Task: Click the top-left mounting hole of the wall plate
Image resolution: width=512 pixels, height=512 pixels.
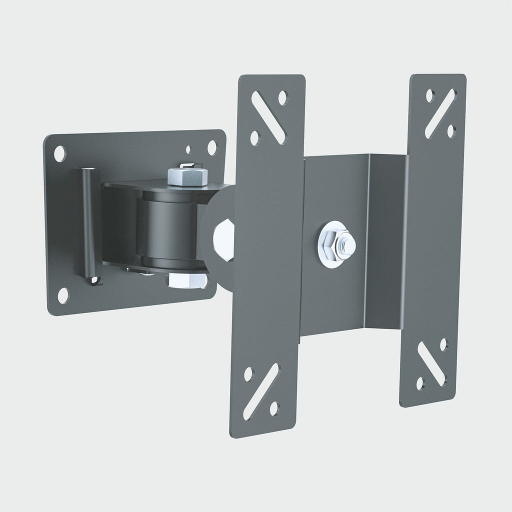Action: (x=59, y=153)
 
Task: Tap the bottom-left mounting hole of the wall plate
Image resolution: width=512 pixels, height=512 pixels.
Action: (x=63, y=295)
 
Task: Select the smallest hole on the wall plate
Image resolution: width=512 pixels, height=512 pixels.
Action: (x=188, y=149)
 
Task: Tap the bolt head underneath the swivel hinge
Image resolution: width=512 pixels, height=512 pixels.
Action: (x=185, y=281)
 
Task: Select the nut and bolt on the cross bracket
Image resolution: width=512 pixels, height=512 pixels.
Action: (x=337, y=243)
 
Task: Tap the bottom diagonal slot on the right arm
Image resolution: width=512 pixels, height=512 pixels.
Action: (x=431, y=364)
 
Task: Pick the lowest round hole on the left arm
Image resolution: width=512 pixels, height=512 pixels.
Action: (x=274, y=408)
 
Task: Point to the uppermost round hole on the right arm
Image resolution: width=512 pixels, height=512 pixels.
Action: (x=428, y=95)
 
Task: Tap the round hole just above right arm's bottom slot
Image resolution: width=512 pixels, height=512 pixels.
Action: (x=443, y=343)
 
